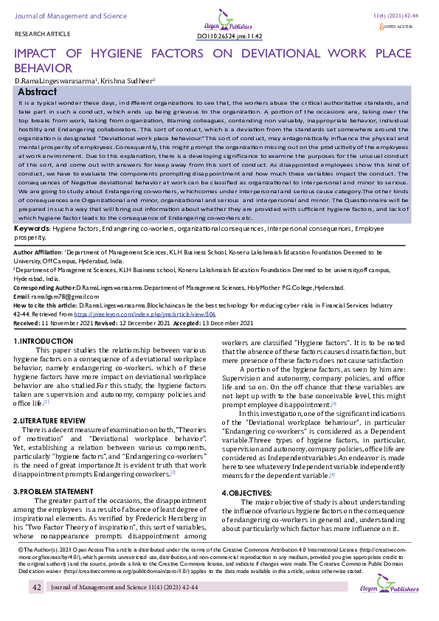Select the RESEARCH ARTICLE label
pos(38,35)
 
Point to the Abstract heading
pos(37,91)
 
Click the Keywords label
pos(32,229)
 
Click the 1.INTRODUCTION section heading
pos(44,341)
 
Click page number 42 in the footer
pos(36,587)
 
